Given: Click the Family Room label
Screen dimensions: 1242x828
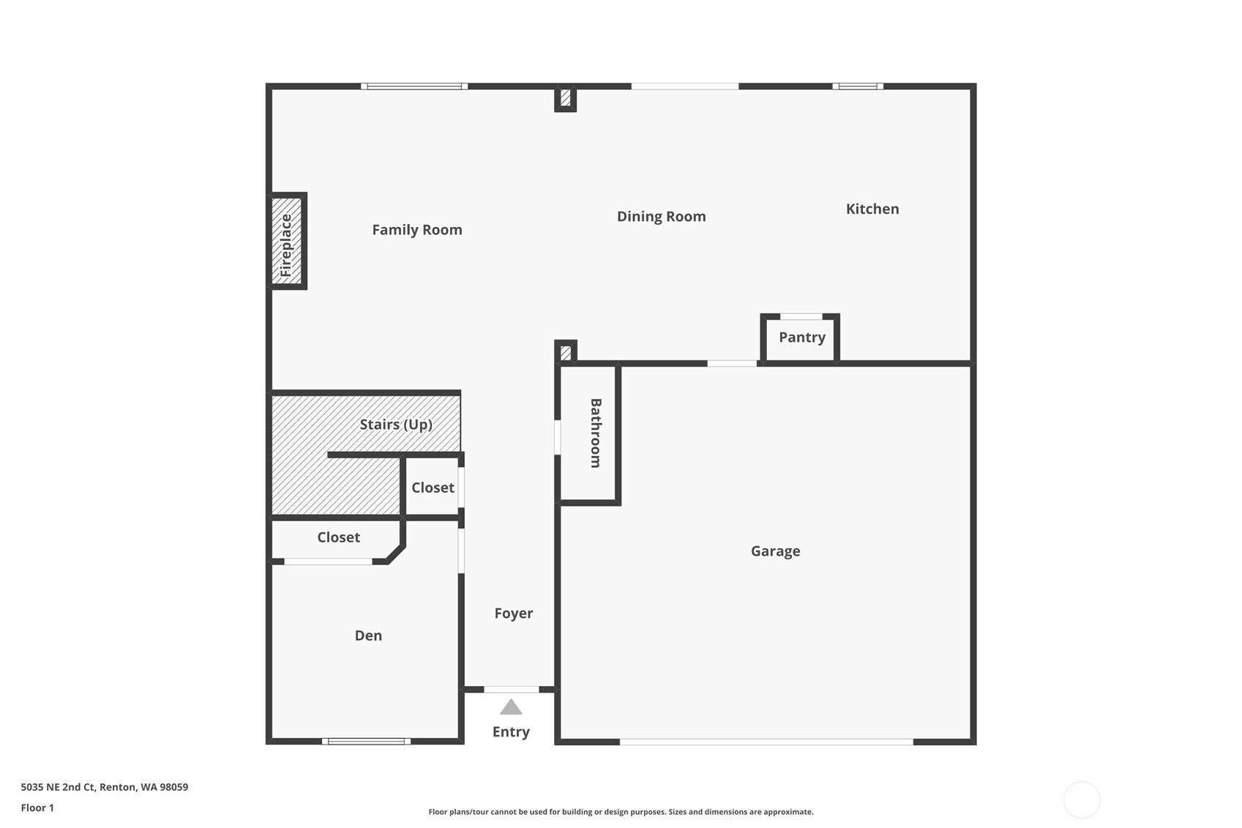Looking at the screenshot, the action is [417, 230].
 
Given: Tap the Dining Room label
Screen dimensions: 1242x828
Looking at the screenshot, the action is [662, 216].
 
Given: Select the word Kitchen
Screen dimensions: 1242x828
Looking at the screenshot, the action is [872, 209].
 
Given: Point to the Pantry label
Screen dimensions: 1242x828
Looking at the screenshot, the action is [801, 337].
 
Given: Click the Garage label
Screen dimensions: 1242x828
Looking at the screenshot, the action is [775, 551].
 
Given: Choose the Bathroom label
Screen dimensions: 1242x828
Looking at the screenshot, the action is [596, 433].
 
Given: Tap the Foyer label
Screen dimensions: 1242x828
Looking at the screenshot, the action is [514, 613].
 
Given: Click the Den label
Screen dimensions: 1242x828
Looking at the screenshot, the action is [368, 635].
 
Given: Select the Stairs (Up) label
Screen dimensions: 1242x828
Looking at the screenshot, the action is [396, 425].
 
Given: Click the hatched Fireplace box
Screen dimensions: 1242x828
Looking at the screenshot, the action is [287, 241].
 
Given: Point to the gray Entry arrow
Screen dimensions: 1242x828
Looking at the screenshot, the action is [511, 707].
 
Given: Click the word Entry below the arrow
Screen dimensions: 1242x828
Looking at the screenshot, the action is [511, 732].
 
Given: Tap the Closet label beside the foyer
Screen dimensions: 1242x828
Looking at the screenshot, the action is [433, 488].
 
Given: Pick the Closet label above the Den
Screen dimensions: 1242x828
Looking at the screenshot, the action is [338, 537].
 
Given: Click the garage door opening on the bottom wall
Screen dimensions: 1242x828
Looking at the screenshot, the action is [766, 742].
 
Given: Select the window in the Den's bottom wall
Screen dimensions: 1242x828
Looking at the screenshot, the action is [367, 742].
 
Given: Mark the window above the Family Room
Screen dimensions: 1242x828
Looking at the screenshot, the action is [414, 86].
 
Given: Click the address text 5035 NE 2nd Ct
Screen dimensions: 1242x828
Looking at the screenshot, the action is [59, 787].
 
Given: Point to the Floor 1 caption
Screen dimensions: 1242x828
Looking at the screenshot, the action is [37, 808].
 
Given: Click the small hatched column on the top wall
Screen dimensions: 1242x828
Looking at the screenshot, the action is [566, 98].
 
